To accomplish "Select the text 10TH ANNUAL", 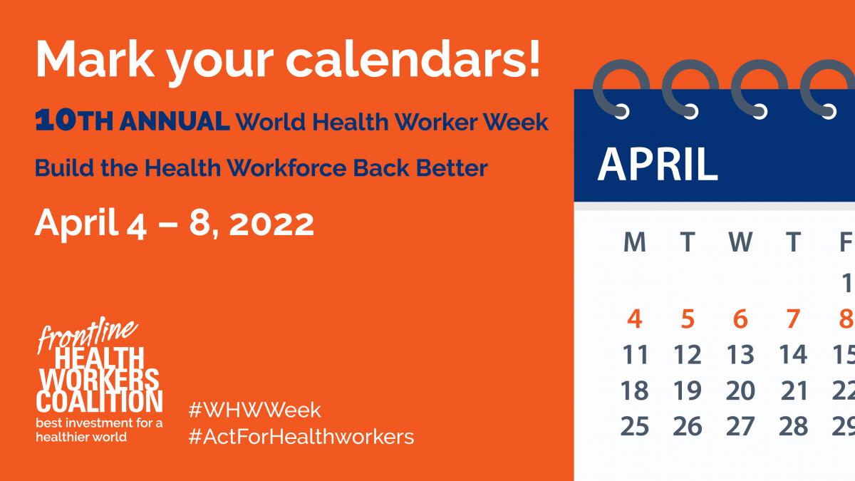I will [133, 122].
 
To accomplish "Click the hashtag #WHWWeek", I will [254, 410].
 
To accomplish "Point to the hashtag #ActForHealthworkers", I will [301, 436].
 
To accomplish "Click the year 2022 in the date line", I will [274, 224].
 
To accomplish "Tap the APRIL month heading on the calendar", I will [657, 164].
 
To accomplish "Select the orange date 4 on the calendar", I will [634, 319].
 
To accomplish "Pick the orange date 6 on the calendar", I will [740, 319].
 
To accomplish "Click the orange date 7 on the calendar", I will [793, 319].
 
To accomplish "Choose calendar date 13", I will [740, 354].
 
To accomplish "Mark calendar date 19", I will [688, 390].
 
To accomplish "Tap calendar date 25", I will [634, 425].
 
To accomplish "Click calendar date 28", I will [793, 425].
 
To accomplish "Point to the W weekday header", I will [740, 243].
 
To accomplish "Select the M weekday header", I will [634, 243].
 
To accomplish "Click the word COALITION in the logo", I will [100, 400].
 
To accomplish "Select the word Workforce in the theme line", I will [297, 168].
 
